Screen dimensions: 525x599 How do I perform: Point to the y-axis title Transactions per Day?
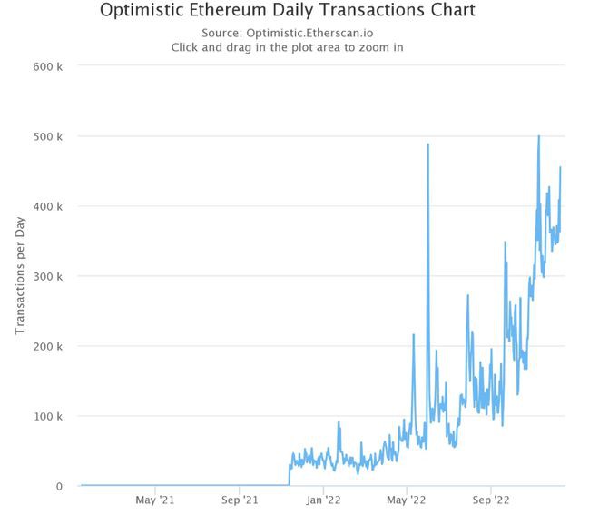click(x=19, y=276)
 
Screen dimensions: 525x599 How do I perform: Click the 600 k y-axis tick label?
click(x=47, y=66)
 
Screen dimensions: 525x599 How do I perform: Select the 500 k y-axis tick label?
click(x=47, y=136)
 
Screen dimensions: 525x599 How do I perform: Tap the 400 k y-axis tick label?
click(x=47, y=206)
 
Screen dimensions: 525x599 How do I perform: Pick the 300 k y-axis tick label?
click(x=47, y=276)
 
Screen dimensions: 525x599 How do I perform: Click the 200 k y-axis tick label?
click(x=47, y=346)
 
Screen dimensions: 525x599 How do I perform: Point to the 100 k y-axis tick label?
click(x=47, y=416)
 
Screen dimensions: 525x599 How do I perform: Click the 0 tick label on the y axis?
click(x=59, y=486)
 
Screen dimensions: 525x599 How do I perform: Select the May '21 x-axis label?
click(x=155, y=500)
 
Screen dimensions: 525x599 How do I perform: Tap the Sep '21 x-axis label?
click(x=239, y=500)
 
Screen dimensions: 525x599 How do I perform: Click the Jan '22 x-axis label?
click(x=322, y=500)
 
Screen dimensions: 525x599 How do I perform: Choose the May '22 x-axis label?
click(x=406, y=500)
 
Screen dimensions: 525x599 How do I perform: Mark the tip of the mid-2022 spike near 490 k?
click(x=427, y=144)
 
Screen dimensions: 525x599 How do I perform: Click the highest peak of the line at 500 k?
click(x=539, y=136)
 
